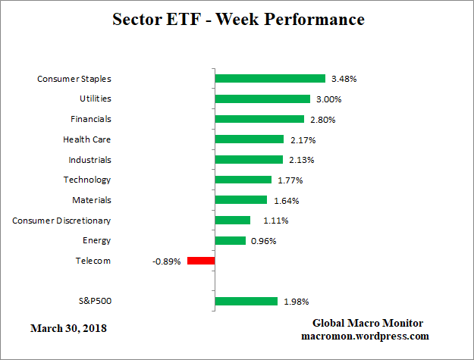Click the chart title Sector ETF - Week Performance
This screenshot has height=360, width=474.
click(238, 19)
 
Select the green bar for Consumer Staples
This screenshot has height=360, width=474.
click(270, 78)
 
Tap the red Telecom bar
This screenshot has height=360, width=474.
click(201, 261)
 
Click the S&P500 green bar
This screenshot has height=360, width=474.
click(246, 302)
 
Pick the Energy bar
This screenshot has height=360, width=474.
click(231, 240)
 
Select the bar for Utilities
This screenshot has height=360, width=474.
click(262, 99)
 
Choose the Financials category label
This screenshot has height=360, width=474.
click(91, 119)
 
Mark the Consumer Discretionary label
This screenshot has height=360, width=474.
click(61, 221)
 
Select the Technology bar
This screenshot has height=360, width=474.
click(243, 180)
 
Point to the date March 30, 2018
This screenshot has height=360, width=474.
click(69, 328)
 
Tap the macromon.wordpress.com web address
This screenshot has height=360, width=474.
click(366, 336)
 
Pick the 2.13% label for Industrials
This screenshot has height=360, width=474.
click(300, 160)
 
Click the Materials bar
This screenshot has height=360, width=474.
click(241, 200)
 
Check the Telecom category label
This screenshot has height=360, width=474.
click(93, 261)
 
